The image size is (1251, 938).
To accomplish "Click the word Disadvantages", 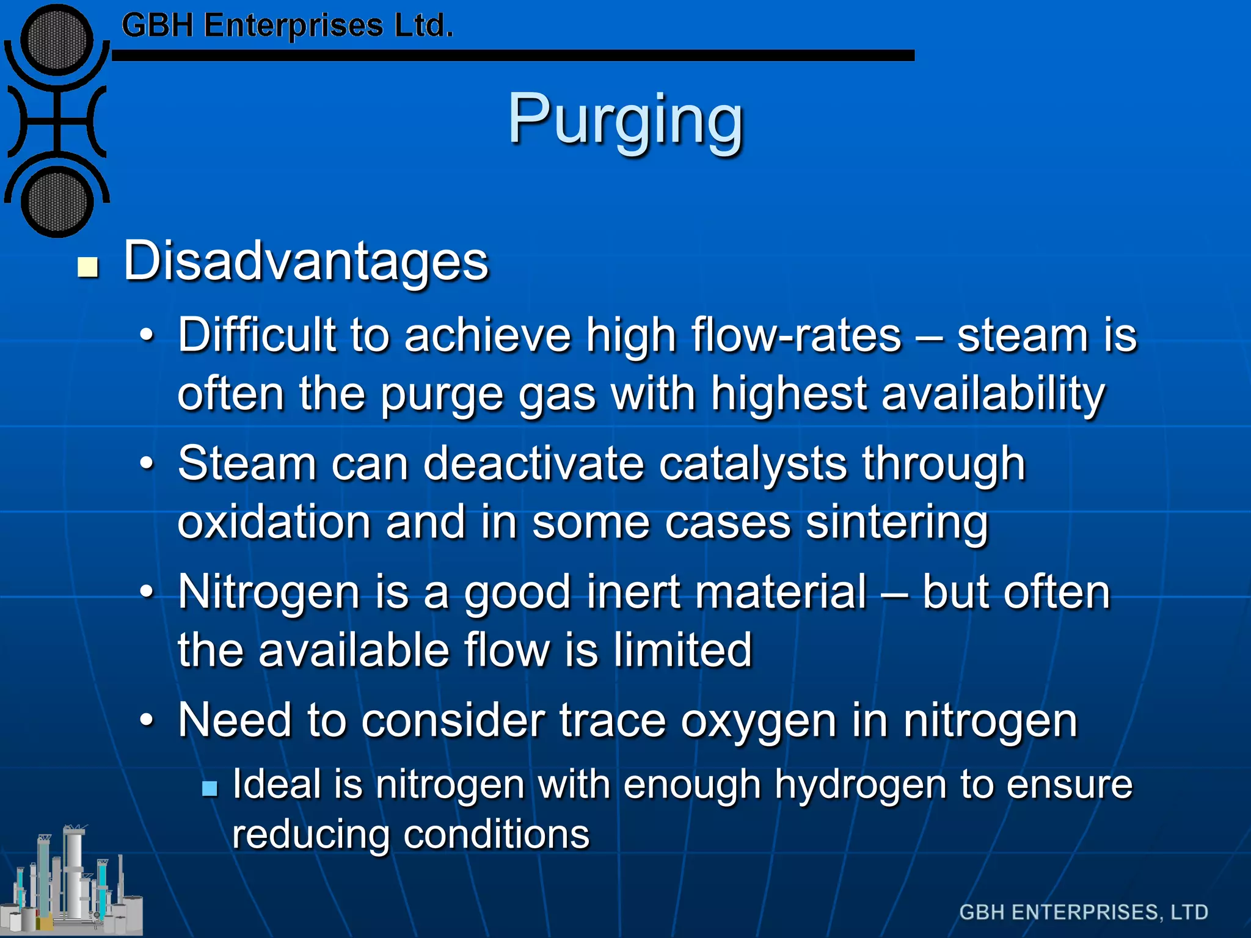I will (306, 261).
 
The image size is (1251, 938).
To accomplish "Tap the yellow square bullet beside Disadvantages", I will (89, 267).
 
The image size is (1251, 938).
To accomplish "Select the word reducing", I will (311, 835).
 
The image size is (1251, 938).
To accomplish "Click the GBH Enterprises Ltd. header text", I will (287, 26).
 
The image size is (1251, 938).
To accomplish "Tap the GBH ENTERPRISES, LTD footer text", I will (1084, 912).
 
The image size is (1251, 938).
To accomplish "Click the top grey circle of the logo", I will (57, 41).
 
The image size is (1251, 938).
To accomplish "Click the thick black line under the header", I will (513, 56).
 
